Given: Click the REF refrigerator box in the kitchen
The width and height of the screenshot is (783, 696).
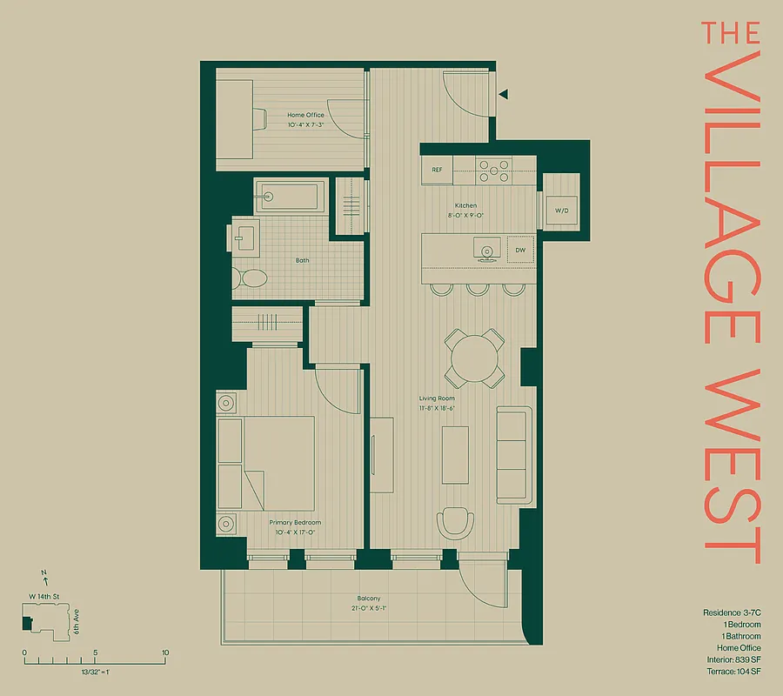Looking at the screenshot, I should pyautogui.click(x=438, y=170).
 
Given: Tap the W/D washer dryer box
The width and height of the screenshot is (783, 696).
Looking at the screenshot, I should pyautogui.click(x=561, y=210).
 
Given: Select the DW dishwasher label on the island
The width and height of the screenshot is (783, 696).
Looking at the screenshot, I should pyautogui.click(x=520, y=251).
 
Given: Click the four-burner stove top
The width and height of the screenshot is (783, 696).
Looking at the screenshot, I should pyautogui.click(x=493, y=170).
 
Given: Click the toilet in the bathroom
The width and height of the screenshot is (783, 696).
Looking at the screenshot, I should pyautogui.click(x=251, y=278).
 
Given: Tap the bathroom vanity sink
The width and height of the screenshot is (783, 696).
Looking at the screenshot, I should pyautogui.click(x=244, y=237).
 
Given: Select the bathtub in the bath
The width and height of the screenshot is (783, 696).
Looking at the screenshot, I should pyautogui.click(x=291, y=197).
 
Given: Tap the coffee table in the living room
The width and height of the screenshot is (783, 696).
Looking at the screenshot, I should pyautogui.click(x=455, y=454).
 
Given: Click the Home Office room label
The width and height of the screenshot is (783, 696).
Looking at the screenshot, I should pyautogui.click(x=305, y=115).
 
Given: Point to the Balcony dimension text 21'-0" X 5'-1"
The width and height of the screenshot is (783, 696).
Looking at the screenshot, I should pyautogui.click(x=368, y=608).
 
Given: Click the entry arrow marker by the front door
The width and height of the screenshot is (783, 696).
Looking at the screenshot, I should pyautogui.click(x=503, y=94).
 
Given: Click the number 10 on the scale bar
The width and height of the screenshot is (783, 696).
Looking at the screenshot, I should pyautogui.click(x=164, y=652).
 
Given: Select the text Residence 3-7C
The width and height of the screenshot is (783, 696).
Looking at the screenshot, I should pyautogui.click(x=732, y=612).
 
